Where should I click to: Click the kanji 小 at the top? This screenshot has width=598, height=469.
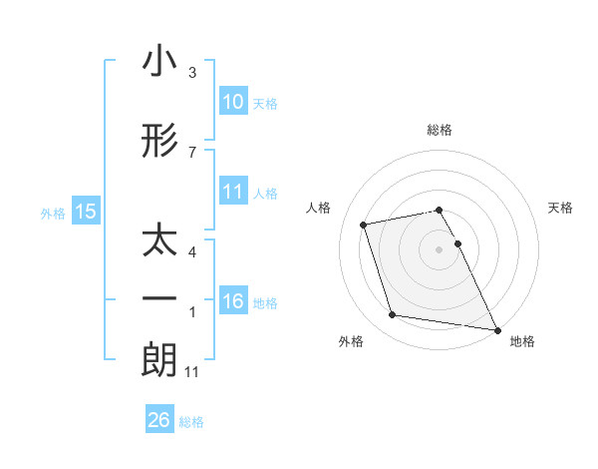[159, 62]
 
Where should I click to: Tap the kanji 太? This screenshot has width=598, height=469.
[159, 242]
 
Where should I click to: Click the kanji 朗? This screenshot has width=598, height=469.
[159, 359]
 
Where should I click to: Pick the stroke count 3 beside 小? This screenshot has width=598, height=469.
[192, 73]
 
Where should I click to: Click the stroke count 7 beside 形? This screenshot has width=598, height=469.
[192, 152]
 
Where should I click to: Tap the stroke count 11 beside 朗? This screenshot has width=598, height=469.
[193, 372]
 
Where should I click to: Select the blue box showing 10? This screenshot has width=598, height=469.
[232, 102]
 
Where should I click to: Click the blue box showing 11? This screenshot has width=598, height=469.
[232, 192]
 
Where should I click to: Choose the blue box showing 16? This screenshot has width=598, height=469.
[232, 301]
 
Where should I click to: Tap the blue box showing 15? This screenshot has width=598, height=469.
[86, 212]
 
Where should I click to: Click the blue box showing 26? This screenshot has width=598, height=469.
[159, 421]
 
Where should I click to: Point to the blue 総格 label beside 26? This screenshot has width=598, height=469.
[192, 422]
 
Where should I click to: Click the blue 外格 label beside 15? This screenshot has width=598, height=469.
[53, 213]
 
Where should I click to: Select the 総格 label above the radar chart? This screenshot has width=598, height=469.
[439, 130]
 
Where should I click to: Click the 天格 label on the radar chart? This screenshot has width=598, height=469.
[560, 208]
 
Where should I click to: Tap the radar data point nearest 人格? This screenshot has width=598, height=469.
[364, 224]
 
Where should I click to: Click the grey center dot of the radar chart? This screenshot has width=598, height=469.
[439, 249]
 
